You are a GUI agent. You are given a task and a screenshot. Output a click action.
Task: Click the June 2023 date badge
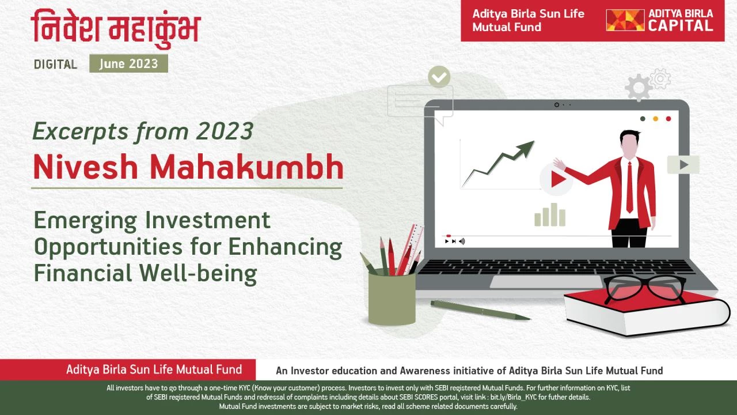click(x=128, y=63)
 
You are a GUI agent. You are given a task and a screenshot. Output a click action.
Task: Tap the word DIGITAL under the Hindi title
click(x=56, y=64)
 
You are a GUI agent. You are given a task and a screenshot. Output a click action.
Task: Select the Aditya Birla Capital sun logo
click(x=625, y=20)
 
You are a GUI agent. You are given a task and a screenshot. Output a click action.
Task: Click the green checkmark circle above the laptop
click(x=439, y=77)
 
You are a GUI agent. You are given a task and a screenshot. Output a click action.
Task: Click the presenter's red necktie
click(x=629, y=187)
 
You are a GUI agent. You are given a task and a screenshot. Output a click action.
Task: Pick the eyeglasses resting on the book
click(x=645, y=289)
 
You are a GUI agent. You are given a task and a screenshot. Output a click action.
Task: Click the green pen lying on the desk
click(x=480, y=310)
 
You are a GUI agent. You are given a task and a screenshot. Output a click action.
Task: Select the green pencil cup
click(x=392, y=299)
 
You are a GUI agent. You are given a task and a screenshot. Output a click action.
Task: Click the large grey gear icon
click(x=639, y=88)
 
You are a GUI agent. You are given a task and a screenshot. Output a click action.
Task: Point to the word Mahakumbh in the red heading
click(x=247, y=167)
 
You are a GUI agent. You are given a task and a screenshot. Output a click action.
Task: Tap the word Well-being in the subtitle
click(x=197, y=273)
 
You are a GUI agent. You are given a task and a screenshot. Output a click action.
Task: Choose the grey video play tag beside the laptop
click(x=683, y=165)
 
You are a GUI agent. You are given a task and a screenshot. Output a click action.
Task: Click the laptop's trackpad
click(x=546, y=282)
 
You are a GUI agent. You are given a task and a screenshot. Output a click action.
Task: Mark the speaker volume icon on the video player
click(x=462, y=242)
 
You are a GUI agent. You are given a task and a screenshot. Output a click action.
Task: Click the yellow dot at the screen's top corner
click(x=655, y=119)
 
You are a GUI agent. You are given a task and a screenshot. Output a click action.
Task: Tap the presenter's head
click(x=629, y=142)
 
